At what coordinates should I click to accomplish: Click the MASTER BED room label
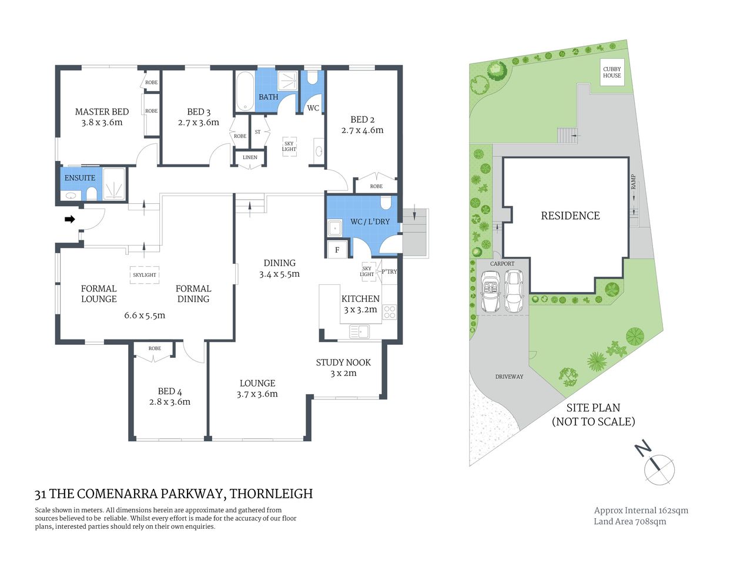[102, 112]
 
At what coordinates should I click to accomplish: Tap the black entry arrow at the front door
[69, 219]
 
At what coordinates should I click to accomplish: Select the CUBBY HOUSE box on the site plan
[612, 72]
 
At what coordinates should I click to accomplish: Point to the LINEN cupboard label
[250, 157]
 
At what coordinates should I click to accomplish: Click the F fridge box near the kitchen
[337, 250]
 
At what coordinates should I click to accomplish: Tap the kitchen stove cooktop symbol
[390, 312]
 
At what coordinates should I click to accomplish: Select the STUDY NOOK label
[343, 362]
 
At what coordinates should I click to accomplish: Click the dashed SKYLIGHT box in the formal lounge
[145, 275]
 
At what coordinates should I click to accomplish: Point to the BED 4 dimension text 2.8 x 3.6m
[170, 402]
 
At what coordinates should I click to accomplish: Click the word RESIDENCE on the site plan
[570, 216]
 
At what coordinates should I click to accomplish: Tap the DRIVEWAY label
[509, 377]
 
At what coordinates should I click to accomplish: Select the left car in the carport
[490, 292]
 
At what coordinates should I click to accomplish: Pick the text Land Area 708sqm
[629, 522]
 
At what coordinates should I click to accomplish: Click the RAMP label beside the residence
[633, 182]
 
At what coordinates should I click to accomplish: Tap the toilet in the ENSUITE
[91, 193]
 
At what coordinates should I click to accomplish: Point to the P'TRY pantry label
[389, 271]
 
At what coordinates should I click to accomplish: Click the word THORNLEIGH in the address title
[271, 494]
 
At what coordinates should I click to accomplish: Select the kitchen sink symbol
[359, 332]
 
